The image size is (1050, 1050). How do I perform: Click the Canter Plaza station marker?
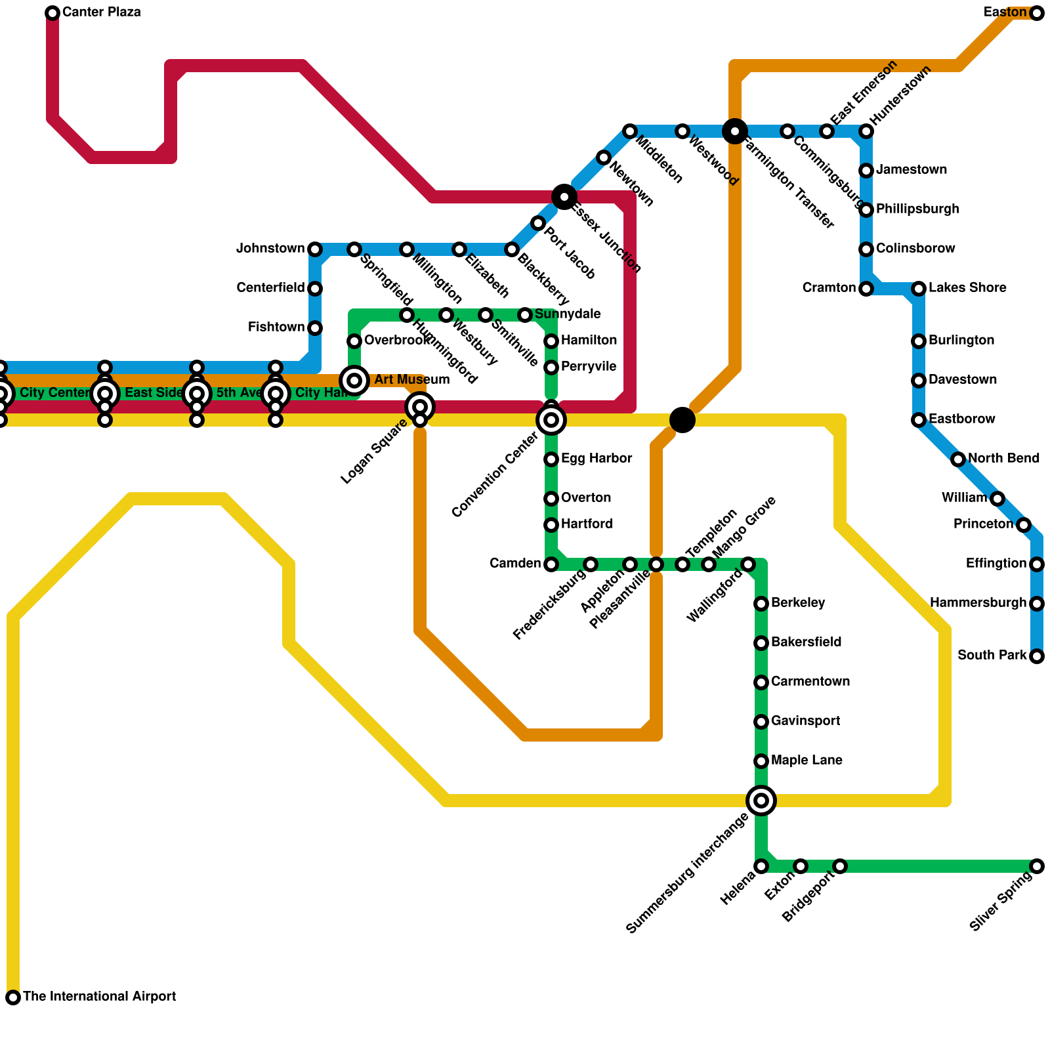[52, 13]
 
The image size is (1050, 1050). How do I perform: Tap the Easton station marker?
[1037, 13]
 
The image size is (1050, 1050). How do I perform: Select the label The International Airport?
[99, 997]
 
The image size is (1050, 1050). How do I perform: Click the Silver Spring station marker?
[1037, 866]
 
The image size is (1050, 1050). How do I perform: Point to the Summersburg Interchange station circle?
[761, 801]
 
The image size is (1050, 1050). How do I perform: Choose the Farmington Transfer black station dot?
[735, 131]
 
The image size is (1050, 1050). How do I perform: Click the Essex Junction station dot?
[564, 197]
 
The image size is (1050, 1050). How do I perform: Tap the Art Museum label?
[411, 380]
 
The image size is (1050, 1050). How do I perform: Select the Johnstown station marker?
[315, 249]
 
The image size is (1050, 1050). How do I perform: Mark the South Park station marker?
[1037, 656]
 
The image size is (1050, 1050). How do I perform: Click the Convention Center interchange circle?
[551, 420]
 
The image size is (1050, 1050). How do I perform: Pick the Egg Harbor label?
[597, 459]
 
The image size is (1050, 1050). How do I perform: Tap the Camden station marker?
[551, 564]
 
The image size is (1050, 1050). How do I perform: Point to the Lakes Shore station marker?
[919, 289]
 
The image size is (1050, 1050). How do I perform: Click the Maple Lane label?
[807, 761]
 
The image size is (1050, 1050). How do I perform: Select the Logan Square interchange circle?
[420, 407]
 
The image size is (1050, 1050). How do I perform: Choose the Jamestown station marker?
[866, 171]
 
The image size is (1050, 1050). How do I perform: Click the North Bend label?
[1003, 459]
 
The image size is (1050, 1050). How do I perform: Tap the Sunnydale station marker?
[525, 315]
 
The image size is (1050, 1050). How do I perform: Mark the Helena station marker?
[761, 866]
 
